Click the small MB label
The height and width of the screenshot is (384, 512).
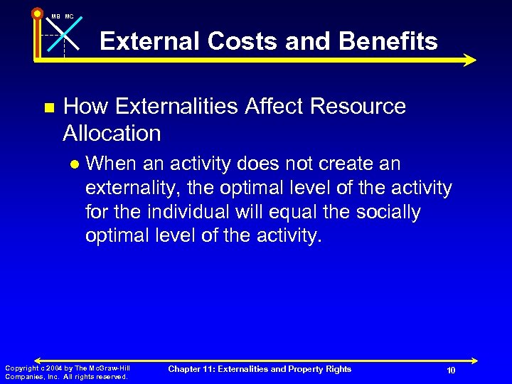point(55,16)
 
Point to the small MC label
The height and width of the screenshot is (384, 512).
point(69,16)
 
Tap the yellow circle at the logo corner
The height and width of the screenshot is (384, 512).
point(37,13)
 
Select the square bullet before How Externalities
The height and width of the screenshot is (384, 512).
point(48,108)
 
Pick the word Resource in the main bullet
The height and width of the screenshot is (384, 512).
point(363,107)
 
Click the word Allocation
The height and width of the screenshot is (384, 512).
point(112,133)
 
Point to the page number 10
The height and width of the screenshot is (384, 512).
point(451,370)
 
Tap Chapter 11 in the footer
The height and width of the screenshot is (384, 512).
point(193,369)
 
